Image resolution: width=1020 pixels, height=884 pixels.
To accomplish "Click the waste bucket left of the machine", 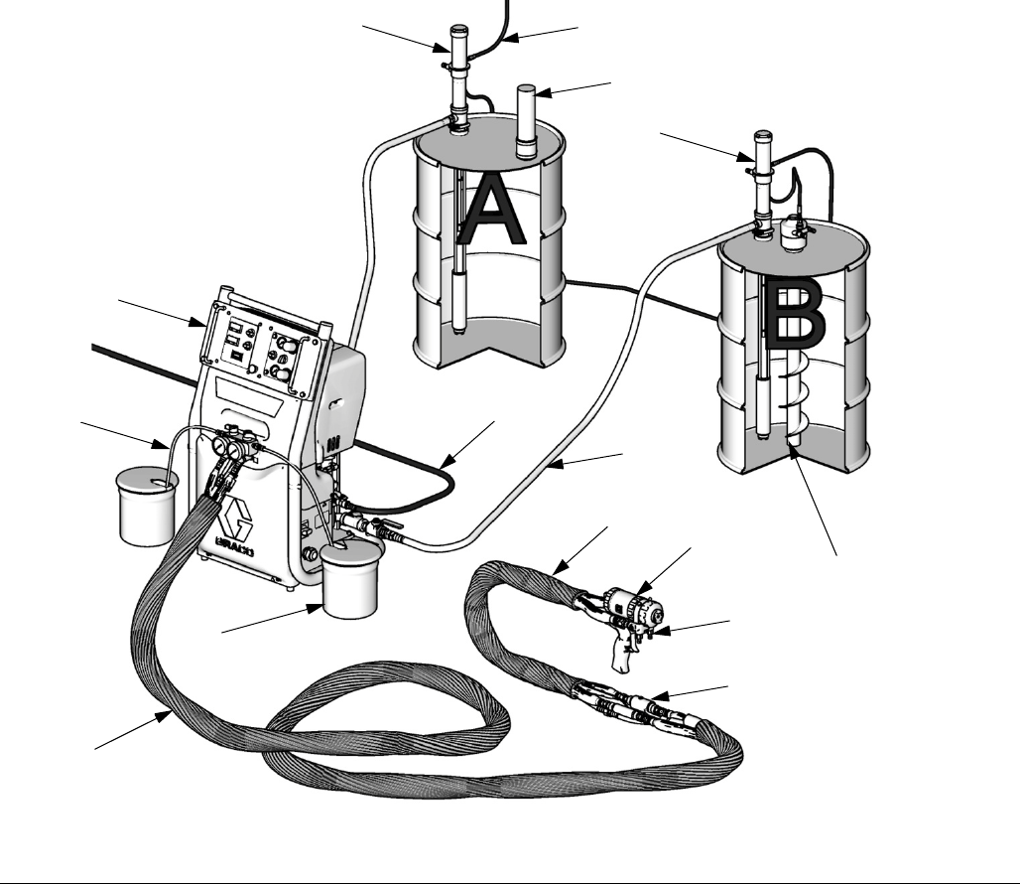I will pos(146,507).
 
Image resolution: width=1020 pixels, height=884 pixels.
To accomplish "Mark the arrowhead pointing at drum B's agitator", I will pos(794,453).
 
